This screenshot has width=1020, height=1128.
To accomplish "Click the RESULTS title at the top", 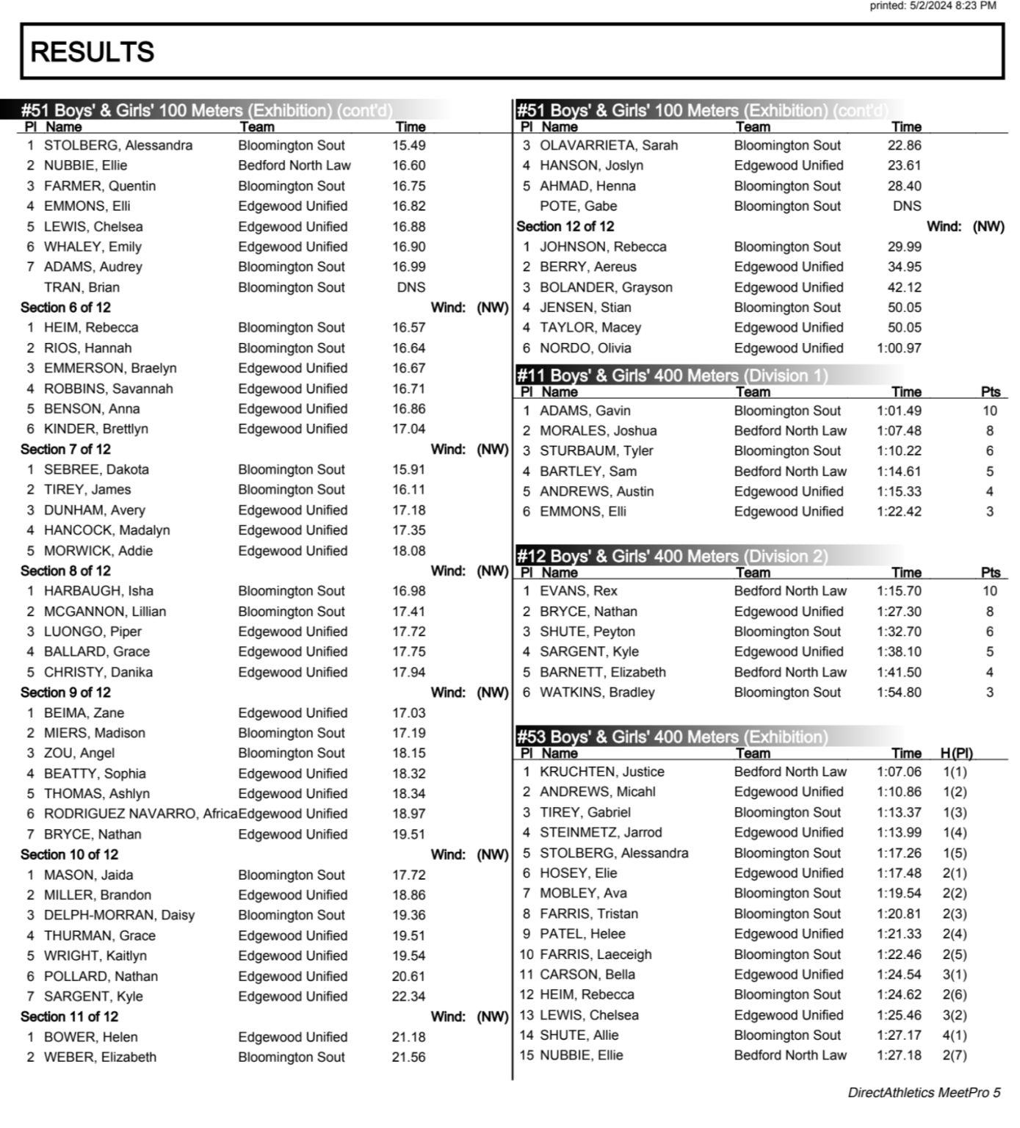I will tap(93, 52).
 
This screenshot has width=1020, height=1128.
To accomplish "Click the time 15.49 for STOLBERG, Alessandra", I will tap(409, 145).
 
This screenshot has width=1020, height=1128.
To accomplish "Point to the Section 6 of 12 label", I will tap(65, 308).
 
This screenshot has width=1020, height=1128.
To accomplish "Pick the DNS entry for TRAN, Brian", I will tap(411, 287).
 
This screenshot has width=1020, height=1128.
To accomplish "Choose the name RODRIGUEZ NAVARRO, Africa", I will tap(140, 814).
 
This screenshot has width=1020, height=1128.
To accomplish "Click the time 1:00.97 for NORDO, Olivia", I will tap(899, 348).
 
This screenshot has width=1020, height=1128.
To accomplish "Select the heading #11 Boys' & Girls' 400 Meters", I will tap(672, 376).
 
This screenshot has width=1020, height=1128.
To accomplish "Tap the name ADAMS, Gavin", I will tap(585, 411).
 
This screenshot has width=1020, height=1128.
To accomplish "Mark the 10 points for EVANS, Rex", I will tap(990, 591).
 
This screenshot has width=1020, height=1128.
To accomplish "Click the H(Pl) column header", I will tap(956, 753).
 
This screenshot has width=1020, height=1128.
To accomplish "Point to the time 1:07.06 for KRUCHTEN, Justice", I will tap(899, 772).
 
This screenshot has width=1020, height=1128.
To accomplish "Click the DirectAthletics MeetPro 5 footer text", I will tap(924, 1093).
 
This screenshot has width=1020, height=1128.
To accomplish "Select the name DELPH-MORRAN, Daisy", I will tap(119, 915).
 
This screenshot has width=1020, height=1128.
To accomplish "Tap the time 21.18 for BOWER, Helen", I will tap(409, 1037).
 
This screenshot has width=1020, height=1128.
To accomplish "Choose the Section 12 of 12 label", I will tap(565, 227).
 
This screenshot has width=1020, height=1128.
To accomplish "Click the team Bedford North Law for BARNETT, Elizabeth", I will tap(790, 672).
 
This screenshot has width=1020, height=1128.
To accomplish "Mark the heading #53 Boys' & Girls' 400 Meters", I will tap(672, 737).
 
